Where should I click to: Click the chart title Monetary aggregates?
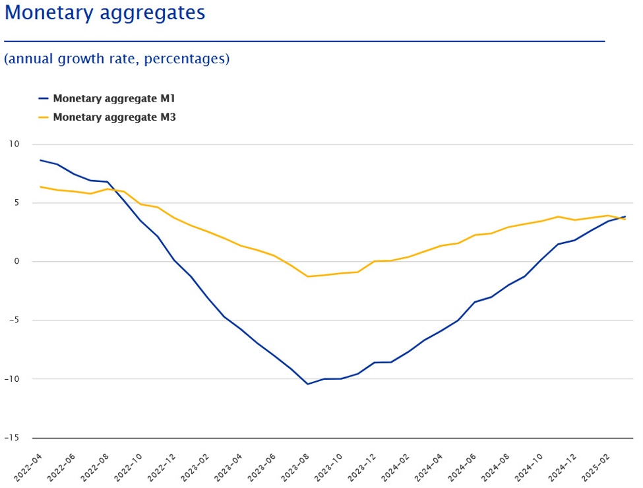click(105, 13)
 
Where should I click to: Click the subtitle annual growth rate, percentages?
click(117, 59)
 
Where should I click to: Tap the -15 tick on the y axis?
click(13, 438)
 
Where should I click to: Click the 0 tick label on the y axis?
click(17, 262)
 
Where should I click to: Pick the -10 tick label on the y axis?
click(13, 379)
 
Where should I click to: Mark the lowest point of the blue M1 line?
click(307, 384)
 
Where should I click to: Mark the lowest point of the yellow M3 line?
click(307, 276)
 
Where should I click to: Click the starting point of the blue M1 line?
click(41, 160)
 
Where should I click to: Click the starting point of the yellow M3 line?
click(41, 187)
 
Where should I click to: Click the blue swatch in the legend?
click(44, 99)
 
